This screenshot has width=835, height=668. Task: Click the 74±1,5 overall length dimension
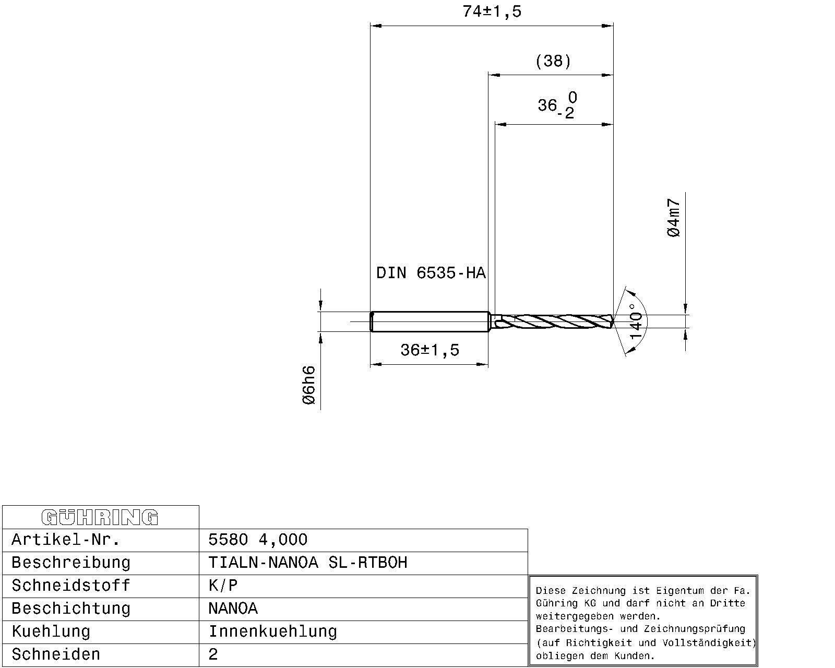(x=492, y=11)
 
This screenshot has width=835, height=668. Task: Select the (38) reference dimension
(x=553, y=62)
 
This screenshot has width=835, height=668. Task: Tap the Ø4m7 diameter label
(x=674, y=218)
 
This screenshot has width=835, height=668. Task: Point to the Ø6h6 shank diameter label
(x=309, y=385)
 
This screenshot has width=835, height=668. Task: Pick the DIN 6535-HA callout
(x=431, y=273)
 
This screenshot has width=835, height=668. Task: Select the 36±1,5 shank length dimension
(x=430, y=350)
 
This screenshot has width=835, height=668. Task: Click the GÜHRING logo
(x=100, y=517)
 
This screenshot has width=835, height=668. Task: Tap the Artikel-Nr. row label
(x=66, y=540)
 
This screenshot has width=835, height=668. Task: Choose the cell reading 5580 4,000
(x=258, y=540)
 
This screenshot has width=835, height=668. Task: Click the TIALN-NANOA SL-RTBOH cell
(x=307, y=563)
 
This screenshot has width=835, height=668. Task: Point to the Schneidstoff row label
(x=70, y=586)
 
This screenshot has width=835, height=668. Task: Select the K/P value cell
(x=223, y=586)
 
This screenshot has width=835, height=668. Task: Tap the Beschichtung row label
(x=70, y=609)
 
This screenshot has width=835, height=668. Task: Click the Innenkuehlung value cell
(x=272, y=631)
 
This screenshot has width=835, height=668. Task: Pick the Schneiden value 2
(x=213, y=654)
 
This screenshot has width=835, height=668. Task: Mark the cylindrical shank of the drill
(x=430, y=321)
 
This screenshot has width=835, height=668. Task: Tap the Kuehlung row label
(x=51, y=631)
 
